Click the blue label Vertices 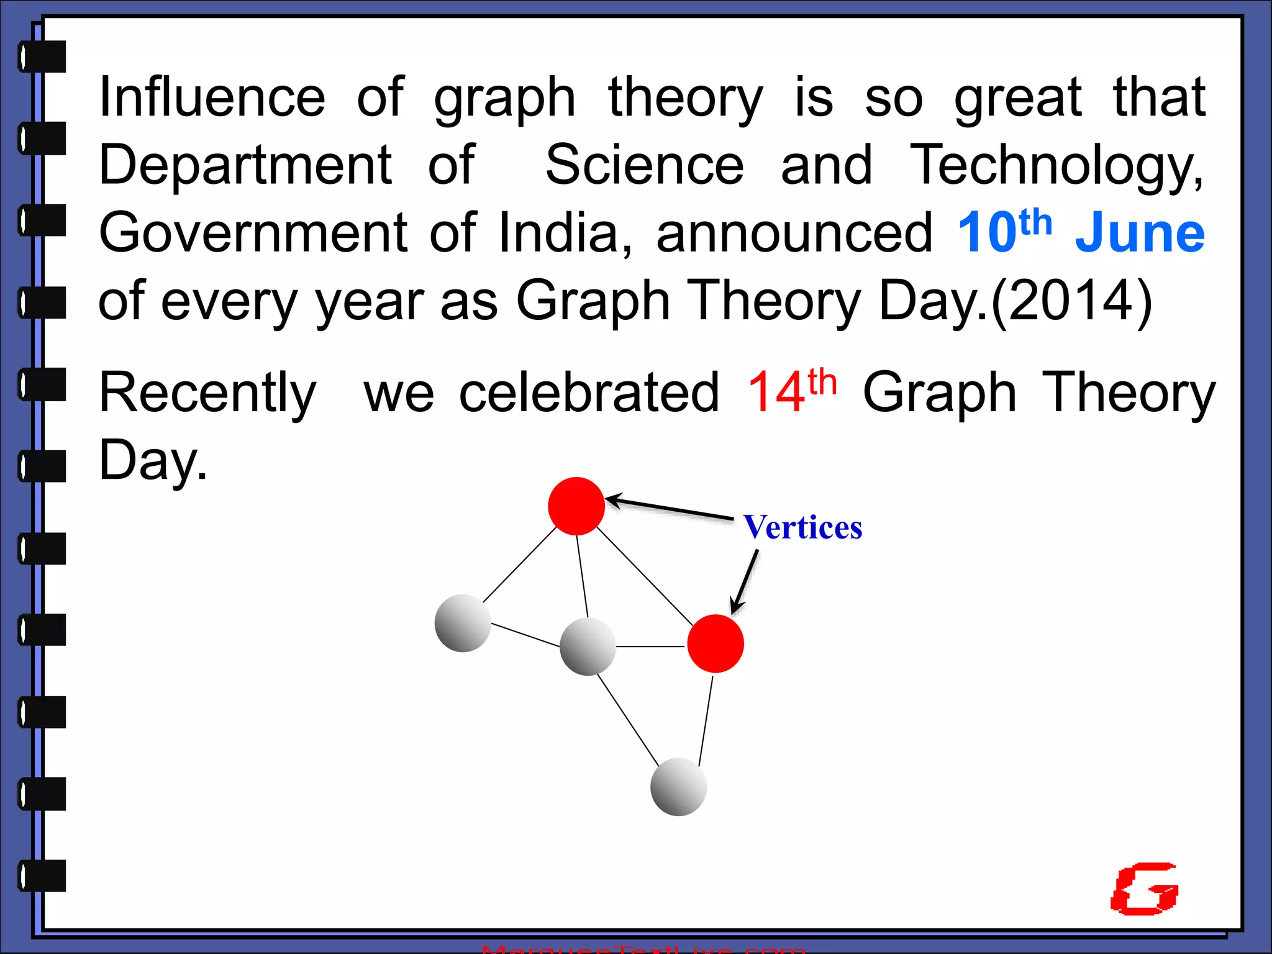(802, 528)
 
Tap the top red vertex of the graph (576, 506)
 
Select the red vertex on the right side (715, 644)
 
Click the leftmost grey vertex (463, 623)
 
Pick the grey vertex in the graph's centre (588, 647)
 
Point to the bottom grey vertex (678, 787)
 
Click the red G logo (1144, 889)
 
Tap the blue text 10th (1004, 231)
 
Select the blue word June (1140, 234)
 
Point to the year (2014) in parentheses (1072, 302)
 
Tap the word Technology (1056, 165)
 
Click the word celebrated (589, 393)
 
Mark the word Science (644, 165)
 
